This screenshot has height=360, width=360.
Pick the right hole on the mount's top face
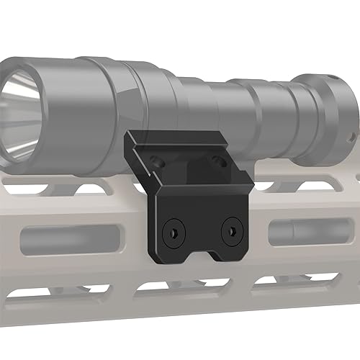[x=216, y=158]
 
